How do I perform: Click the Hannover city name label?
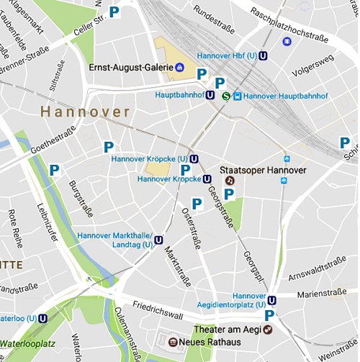pyautogui.click(x=85, y=112)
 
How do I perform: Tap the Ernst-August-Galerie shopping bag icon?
pyautogui.click(x=179, y=68)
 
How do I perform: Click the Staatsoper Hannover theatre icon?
pyautogui.click(x=230, y=181)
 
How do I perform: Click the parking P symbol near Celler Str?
pyautogui.click(x=114, y=12)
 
